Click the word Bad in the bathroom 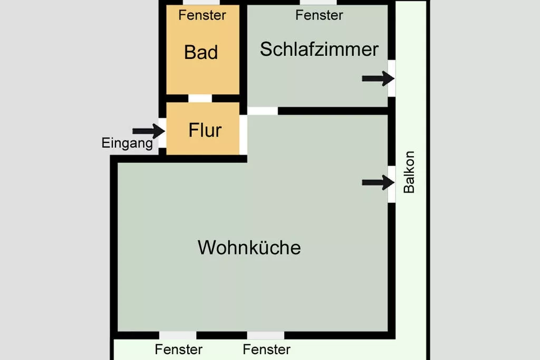pos(201,52)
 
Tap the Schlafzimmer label pos(319,49)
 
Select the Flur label pos(205,130)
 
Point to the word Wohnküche pos(249,247)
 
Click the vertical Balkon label pos(409,172)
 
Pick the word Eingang pos(127,143)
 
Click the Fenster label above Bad pos(202,15)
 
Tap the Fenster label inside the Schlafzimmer pos(319,15)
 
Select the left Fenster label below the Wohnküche pos(179,349)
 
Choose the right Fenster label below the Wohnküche pos(266,349)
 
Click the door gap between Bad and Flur pos(200,98)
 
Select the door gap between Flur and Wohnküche pos(243,134)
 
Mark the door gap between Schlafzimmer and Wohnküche pos(263,111)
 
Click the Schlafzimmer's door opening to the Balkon pos(392,78)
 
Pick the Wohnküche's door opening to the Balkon pos(392,183)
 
